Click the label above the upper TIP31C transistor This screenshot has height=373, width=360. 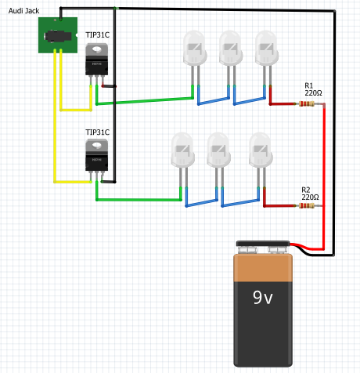coord(97,36)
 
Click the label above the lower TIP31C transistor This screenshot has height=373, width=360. coord(97,132)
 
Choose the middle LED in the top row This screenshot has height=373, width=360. coord(230,49)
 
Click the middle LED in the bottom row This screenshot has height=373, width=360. coord(219,149)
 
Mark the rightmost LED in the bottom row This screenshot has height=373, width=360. coord(260,149)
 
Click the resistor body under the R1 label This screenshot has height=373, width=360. coord(312,103)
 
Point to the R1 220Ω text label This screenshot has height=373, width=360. coord(313,89)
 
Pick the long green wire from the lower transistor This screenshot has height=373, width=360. coord(141,199)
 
